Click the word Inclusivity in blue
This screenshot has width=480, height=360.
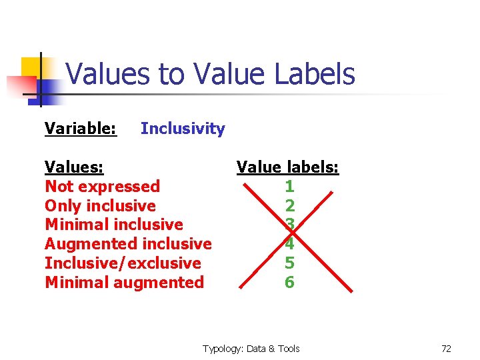pyautogui.click(x=183, y=129)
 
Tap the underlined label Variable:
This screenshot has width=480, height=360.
pyautogui.click(x=81, y=129)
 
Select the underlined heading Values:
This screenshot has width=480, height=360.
pyautogui.click(x=73, y=167)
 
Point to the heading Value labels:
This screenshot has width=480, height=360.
pyautogui.click(x=287, y=167)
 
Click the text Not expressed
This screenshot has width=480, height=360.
pyautogui.click(x=102, y=187)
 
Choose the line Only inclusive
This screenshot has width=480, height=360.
pyautogui.click(x=100, y=206)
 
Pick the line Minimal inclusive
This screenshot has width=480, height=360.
pyautogui.click(x=113, y=225)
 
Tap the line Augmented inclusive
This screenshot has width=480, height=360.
pyautogui.click(x=128, y=244)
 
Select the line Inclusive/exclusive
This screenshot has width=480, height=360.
pyautogui.click(x=123, y=263)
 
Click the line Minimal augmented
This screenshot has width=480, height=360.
pyautogui.click(x=124, y=283)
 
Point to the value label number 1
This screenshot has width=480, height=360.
pyautogui.click(x=289, y=187)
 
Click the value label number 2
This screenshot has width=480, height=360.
pyautogui.click(x=289, y=206)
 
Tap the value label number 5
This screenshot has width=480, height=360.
pyautogui.click(x=289, y=263)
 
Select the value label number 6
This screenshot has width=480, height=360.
pyautogui.click(x=289, y=283)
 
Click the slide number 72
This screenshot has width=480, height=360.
pyautogui.click(x=446, y=349)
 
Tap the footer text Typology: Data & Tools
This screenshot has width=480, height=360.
pyautogui.click(x=251, y=349)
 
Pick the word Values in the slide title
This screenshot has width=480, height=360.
pyautogui.click(x=109, y=74)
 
